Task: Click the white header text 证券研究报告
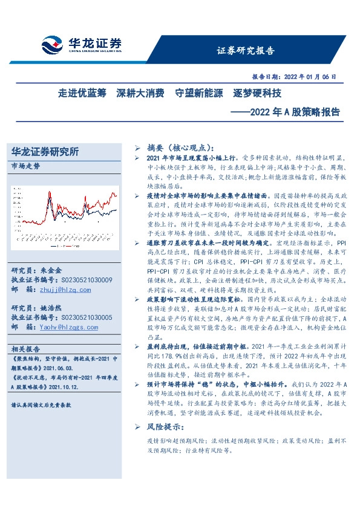(x=245, y=50)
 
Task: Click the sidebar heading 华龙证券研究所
(x=45, y=152)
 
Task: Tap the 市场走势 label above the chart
(x=26, y=165)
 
